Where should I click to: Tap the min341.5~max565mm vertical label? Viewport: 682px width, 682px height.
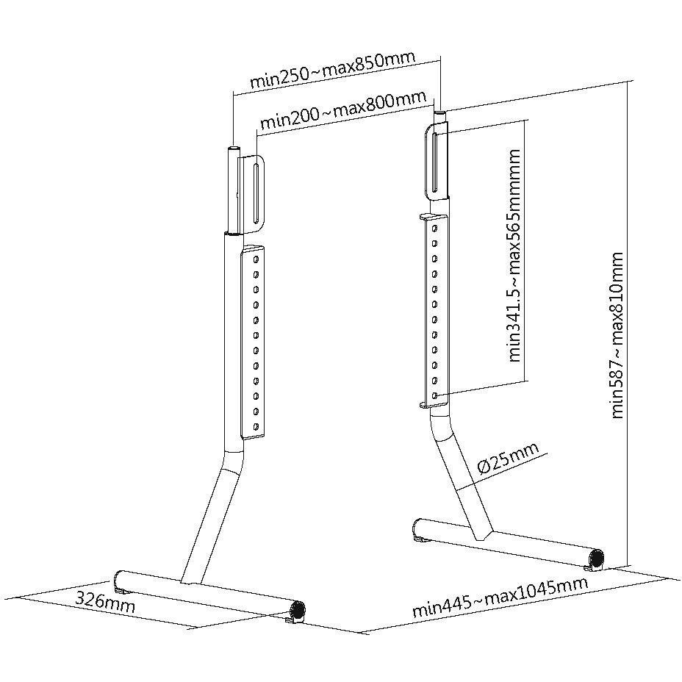point(514,255)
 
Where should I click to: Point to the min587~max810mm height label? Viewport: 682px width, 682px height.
point(617,335)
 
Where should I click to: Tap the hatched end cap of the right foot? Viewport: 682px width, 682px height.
point(597,558)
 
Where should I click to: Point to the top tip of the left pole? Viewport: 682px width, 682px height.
point(233,148)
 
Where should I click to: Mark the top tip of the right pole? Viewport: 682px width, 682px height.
point(440,112)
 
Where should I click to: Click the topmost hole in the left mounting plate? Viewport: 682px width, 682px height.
point(256,259)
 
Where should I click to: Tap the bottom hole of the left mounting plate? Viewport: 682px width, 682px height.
point(256,426)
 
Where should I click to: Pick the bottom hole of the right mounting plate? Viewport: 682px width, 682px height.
point(435,395)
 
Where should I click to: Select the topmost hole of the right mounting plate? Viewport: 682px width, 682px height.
point(434,228)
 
